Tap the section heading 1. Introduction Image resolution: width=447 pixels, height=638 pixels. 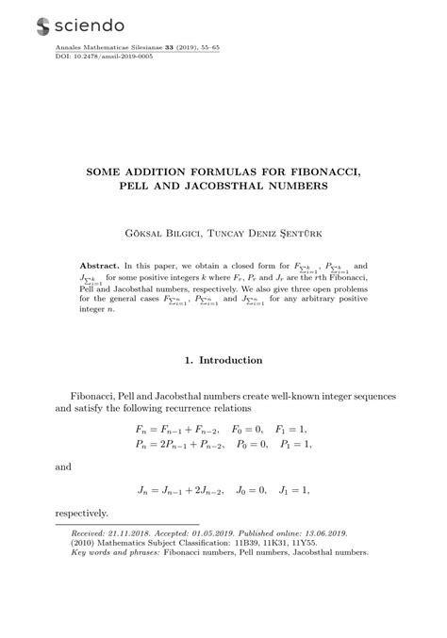click(223, 360)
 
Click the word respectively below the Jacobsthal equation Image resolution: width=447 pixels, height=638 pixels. click(82, 514)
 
